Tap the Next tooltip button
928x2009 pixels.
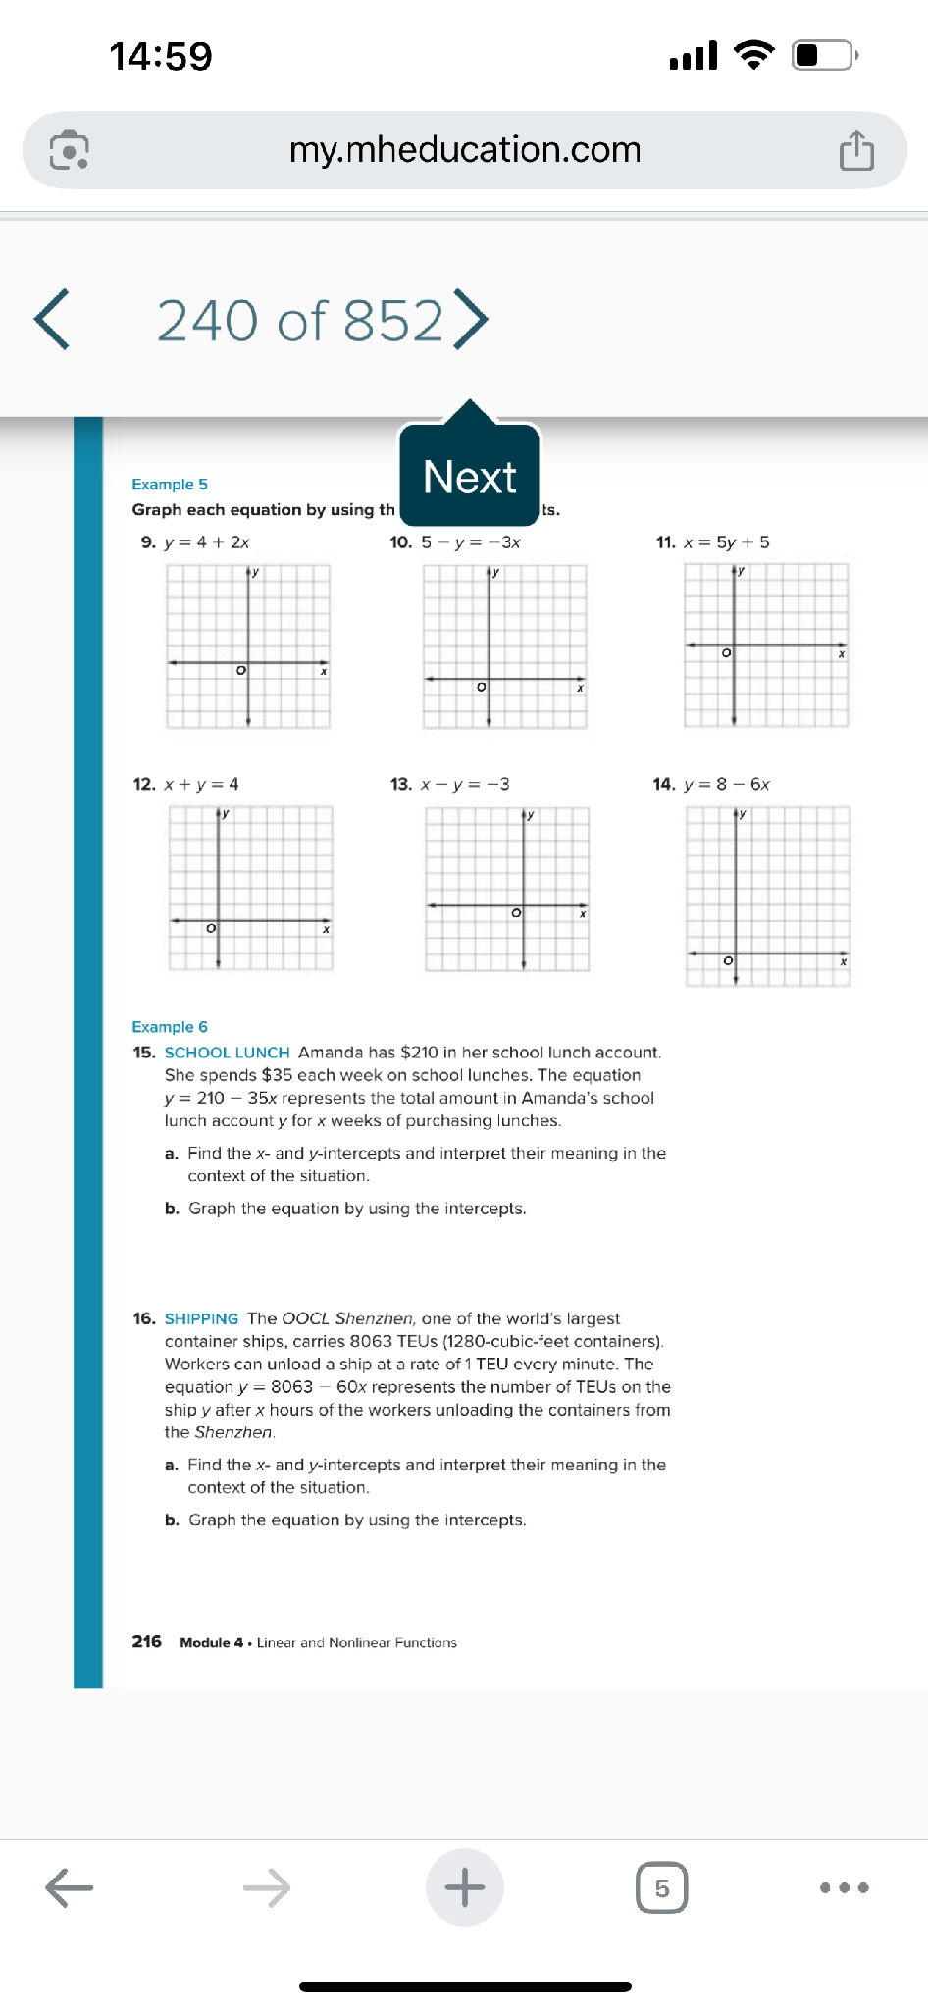pos(469,477)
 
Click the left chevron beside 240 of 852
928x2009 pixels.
pos(52,320)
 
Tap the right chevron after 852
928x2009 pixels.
pos(471,319)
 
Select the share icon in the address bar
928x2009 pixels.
pos(856,151)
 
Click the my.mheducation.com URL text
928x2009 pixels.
pos(464,150)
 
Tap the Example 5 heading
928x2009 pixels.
pos(170,485)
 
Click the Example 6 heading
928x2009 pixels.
pos(170,1027)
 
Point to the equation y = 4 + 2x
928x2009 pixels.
pos(207,542)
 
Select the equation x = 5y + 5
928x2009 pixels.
pos(726,542)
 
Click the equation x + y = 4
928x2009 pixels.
pos(201,784)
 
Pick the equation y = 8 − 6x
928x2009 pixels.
pos(726,784)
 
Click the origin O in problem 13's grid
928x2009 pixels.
pos(516,913)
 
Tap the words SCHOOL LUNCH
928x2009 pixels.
pos(227,1053)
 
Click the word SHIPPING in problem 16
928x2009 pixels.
pos(201,1318)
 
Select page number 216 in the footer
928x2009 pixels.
pos(147,1641)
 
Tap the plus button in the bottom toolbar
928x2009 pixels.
pos(464,1887)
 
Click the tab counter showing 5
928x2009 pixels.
pos(661,1887)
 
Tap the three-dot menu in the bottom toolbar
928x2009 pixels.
pos(844,1887)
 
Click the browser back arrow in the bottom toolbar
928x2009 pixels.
pos(70,1887)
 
